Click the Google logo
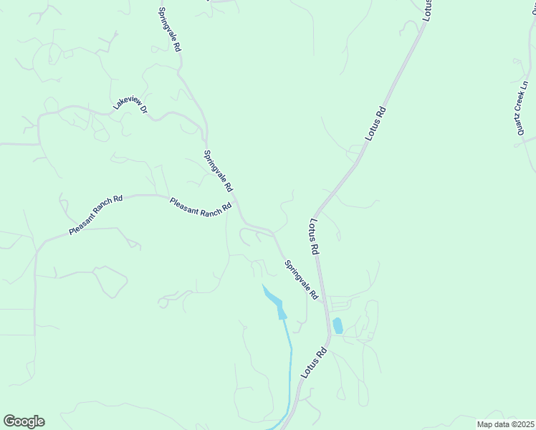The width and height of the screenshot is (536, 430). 24,421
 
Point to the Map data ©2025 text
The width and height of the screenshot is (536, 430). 506,424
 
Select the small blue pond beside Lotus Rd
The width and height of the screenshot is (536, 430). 338,326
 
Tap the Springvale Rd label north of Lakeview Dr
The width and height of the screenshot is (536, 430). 169,29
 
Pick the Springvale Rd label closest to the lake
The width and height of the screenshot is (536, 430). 301,279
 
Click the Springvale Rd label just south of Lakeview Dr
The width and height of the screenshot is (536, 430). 219,171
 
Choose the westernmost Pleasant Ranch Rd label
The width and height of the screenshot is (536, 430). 96,214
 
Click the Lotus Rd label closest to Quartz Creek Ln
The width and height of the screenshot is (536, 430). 376,123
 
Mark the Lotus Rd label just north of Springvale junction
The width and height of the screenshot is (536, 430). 314,237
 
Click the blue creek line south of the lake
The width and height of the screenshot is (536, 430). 290,365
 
